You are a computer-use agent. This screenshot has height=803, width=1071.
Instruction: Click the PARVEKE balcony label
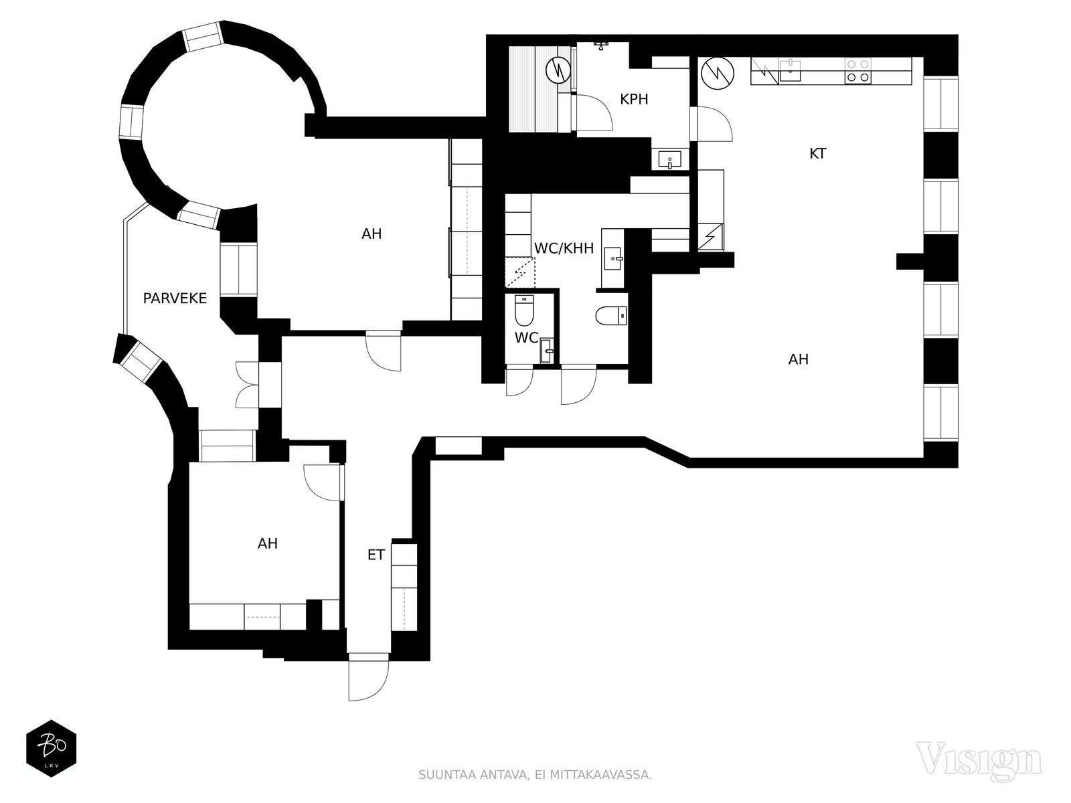(175, 298)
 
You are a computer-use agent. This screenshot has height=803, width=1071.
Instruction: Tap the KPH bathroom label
(634, 100)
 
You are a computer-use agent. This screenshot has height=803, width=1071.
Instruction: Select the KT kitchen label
(818, 154)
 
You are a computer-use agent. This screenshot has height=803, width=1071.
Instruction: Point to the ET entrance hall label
(376, 555)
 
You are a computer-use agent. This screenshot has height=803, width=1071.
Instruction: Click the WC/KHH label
(564, 249)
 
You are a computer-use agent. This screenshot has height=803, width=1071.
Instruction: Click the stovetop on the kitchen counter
(857, 71)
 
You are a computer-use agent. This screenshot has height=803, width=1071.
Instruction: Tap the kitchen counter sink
(789, 71)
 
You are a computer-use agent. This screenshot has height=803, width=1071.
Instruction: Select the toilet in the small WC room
(525, 310)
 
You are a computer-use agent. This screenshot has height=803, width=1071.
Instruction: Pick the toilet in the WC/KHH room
(611, 315)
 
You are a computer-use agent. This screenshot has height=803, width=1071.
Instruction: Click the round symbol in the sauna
(558, 70)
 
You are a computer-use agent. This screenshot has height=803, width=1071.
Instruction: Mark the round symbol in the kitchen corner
(718, 74)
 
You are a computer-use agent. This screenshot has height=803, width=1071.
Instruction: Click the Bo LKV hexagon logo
(52, 748)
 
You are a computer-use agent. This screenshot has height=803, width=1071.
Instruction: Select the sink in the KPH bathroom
(670, 159)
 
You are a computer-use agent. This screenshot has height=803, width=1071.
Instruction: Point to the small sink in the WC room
(547, 351)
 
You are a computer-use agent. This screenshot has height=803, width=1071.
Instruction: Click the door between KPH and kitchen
(712, 124)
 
